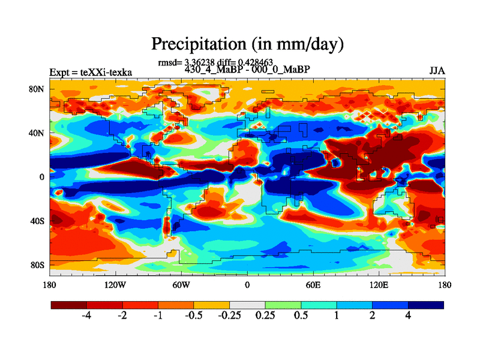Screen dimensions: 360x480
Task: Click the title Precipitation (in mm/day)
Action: (247, 44)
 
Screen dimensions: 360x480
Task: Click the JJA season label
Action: (437, 71)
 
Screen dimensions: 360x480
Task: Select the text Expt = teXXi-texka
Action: (91, 73)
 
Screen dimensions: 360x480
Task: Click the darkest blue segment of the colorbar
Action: (426, 305)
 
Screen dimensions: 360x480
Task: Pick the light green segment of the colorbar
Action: (283, 305)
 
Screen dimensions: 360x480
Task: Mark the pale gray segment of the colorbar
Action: (247, 305)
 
